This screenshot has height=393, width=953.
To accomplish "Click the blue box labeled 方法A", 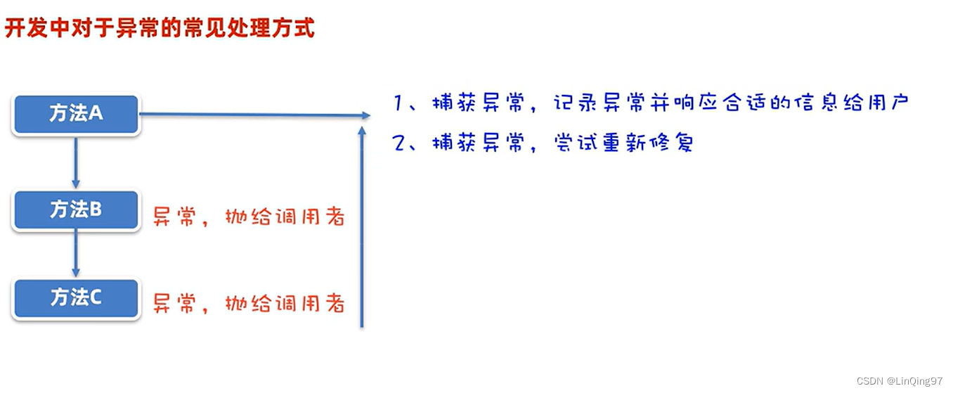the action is [76, 114].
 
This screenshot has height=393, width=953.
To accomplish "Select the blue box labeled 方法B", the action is [76, 210].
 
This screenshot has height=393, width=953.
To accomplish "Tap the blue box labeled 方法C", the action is [76, 299].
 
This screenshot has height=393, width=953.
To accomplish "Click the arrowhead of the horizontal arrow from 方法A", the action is [365, 115].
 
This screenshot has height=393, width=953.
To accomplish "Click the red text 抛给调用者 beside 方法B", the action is [285, 217].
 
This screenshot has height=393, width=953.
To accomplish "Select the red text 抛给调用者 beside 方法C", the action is [285, 304].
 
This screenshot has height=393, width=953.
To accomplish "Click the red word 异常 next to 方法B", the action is [173, 217].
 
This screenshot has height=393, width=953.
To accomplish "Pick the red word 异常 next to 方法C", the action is [173, 304].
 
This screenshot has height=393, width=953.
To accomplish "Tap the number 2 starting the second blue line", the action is [400, 143].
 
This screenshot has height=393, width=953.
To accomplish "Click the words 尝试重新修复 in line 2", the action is [623, 143].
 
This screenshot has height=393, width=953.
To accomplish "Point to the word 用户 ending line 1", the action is [887, 103].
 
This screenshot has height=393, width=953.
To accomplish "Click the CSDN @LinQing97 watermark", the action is [899, 381].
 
